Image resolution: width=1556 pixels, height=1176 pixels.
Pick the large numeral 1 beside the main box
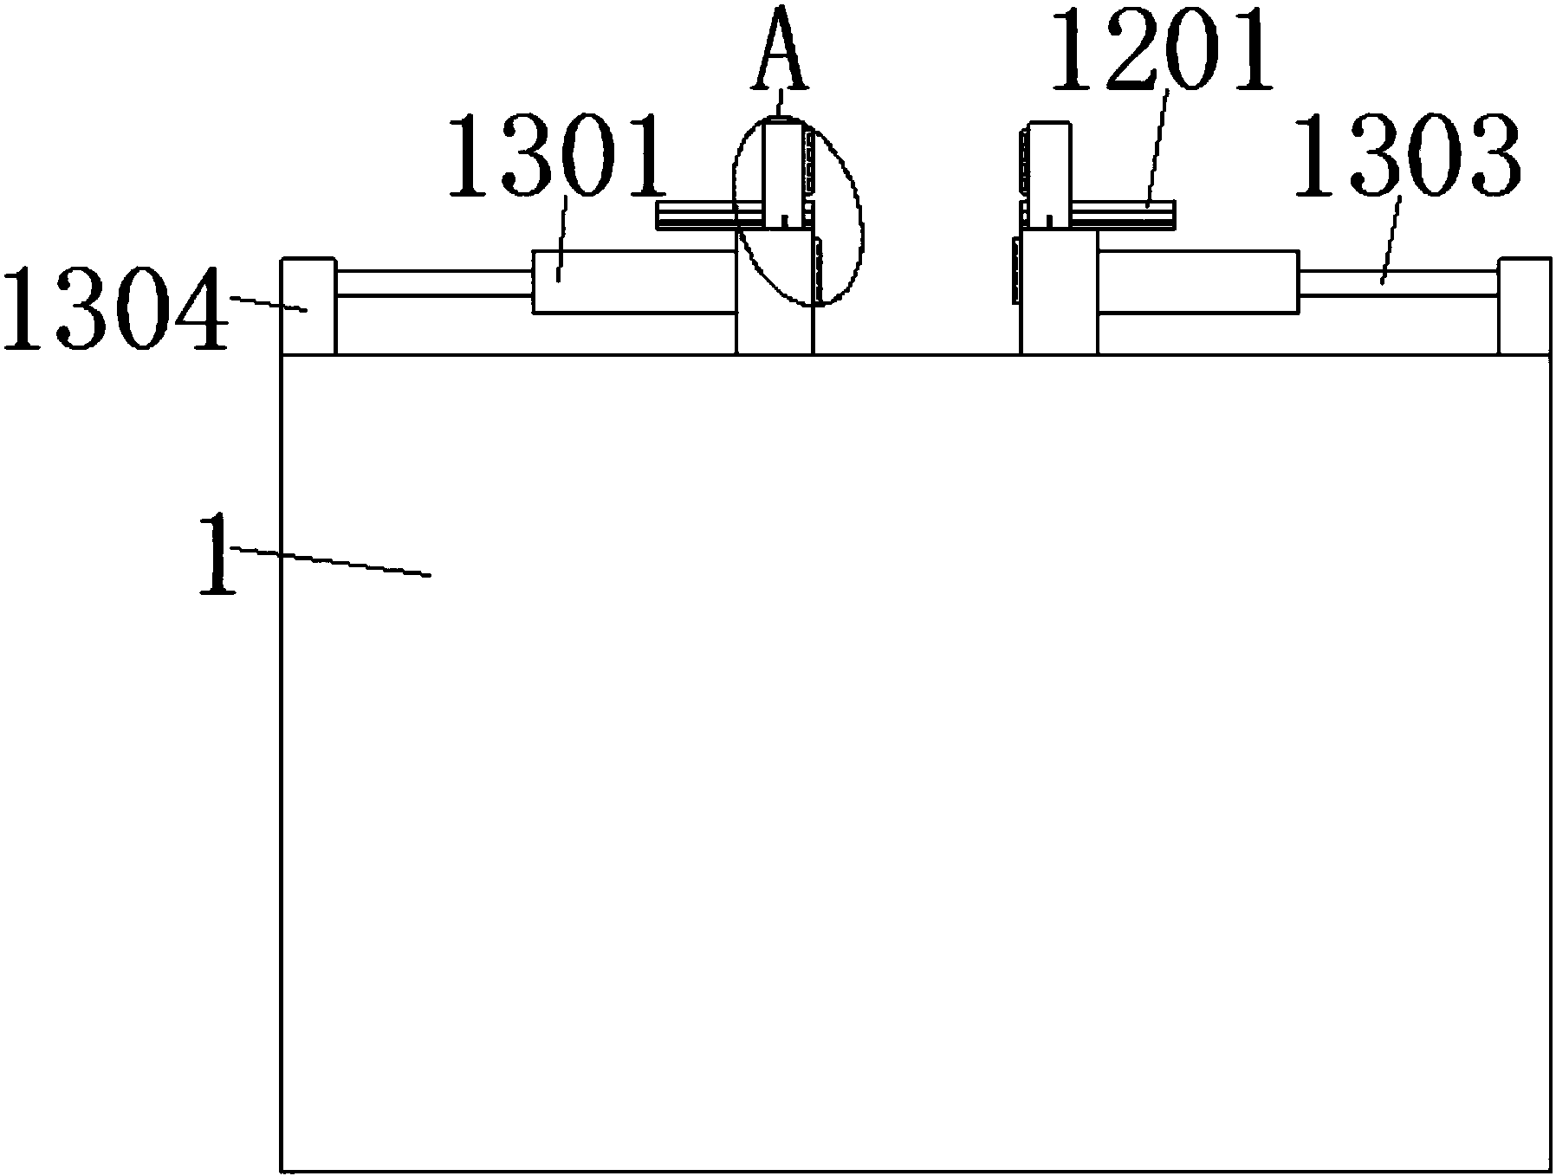tap(217, 554)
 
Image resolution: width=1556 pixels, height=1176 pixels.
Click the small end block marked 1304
tap(308, 307)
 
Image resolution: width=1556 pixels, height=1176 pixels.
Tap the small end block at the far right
tap(1524, 307)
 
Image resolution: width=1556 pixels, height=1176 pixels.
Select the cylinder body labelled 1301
tap(634, 281)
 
